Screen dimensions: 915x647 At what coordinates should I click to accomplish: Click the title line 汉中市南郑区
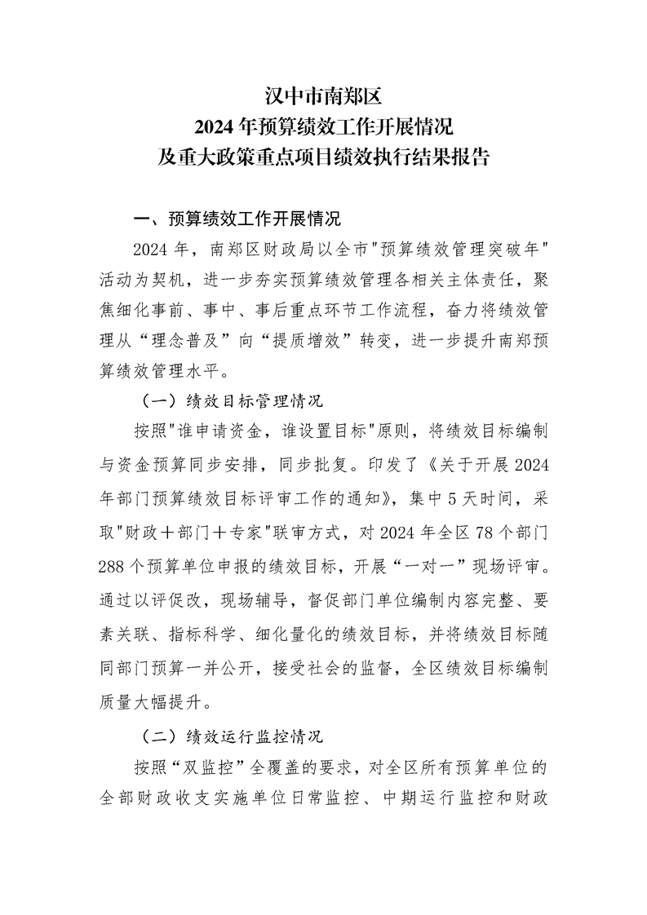click(x=324, y=98)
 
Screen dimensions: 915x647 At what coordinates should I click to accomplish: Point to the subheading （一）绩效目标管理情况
click(x=233, y=402)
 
